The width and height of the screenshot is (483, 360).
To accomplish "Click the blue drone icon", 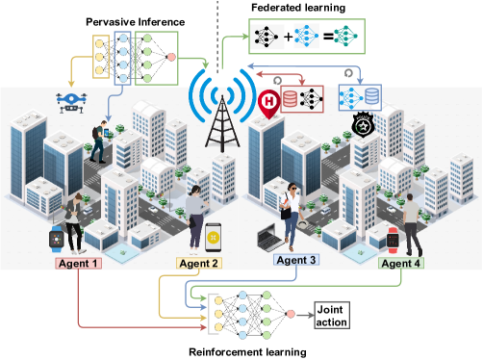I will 72,99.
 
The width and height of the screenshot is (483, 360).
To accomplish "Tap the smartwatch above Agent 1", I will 58,239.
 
